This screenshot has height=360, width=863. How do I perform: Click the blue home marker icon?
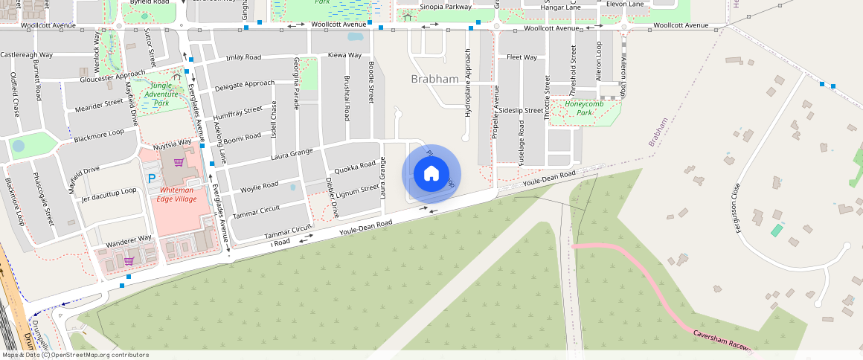[431, 174]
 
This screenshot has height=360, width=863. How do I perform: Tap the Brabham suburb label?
[434, 79]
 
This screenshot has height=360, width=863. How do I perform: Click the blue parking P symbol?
[153, 179]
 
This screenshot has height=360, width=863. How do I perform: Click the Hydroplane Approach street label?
[468, 83]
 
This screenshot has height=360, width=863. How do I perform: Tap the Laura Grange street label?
[292, 155]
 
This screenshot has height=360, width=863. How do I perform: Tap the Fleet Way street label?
[522, 57]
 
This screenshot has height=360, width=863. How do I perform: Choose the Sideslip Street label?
[522, 110]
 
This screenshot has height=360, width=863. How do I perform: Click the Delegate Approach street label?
[244, 86]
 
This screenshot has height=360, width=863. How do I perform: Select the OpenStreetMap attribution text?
[74, 355]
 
